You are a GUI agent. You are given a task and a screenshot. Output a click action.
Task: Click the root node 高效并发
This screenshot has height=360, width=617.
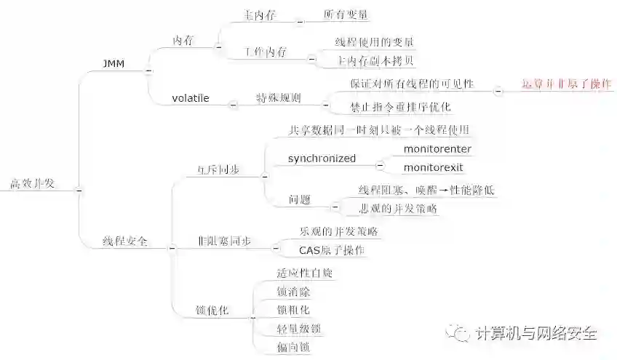[31, 183]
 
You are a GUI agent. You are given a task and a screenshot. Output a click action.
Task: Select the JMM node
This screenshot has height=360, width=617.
[114, 64]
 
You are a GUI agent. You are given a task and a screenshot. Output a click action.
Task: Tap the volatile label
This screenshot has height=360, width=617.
[191, 97]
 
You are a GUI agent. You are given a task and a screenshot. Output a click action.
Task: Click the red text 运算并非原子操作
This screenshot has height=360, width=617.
[567, 84]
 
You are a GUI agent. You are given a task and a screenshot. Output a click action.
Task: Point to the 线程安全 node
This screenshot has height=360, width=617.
[125, 241]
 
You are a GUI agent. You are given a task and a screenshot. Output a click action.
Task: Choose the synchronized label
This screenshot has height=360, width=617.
[322, 158]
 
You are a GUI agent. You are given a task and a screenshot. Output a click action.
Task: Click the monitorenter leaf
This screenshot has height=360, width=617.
[437, 149]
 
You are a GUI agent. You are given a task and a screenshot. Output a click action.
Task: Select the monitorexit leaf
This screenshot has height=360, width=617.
[434, 167]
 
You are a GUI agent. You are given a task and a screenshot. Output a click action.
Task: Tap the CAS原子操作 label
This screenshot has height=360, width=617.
[332, 250]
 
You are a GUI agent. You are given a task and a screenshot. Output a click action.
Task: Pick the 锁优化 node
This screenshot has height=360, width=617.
[212, 310]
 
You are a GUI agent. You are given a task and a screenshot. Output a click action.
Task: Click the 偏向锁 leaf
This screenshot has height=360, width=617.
[293, 348]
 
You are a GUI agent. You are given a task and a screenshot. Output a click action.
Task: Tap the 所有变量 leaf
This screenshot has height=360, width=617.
[346, 14]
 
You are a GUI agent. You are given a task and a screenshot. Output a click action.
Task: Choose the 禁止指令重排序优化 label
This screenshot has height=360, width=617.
[401, 107]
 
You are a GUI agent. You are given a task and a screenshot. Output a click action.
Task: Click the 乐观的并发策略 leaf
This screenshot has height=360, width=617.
[338, 231]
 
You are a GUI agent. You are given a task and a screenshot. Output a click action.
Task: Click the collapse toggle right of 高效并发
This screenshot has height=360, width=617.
[79, 191]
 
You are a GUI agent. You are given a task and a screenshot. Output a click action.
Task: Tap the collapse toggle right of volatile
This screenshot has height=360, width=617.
[233, 104]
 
